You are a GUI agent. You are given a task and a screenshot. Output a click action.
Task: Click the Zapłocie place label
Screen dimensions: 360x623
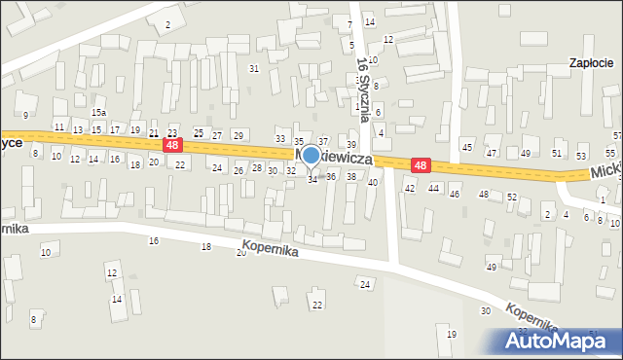(x=592, y=62)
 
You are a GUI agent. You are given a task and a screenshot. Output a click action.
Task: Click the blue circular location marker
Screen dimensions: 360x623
(x=311, y=155)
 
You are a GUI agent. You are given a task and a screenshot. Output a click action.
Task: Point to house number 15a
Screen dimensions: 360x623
(x=98, y=113)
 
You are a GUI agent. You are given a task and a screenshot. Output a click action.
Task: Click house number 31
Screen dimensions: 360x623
(x=254, y=68)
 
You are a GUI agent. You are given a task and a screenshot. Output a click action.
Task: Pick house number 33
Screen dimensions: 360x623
(x=280, y=139)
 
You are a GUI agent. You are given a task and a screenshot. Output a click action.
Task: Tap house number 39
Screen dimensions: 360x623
(x=351, y=144)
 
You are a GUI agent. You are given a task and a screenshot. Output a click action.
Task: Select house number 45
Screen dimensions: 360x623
(x=467, y=147)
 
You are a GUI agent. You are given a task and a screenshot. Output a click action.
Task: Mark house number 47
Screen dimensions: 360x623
(x=492, y=153)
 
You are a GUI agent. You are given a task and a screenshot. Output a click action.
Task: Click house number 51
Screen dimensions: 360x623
(x=557, y=153)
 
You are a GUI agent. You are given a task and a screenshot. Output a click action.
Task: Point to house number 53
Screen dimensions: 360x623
(x=581, y=156)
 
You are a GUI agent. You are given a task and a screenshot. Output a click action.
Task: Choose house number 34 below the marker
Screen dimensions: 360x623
(x=312, y=180)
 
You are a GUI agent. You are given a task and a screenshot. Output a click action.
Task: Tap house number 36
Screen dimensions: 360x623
(x=331, y=176)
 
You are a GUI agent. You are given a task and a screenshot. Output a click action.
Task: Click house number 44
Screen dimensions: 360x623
(x=433, y=187)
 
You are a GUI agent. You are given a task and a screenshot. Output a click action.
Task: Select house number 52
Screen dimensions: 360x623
(x=511, y=197)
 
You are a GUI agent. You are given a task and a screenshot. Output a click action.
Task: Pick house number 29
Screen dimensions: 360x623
(x=238, y=134)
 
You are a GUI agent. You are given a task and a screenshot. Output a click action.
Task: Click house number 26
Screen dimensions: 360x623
(x=238, y=171)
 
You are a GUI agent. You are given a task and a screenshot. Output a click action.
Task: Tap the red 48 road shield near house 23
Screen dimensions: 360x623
(x=172, y=145)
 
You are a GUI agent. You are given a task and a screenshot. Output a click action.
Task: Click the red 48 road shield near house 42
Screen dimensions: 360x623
(x=421, y=165)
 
